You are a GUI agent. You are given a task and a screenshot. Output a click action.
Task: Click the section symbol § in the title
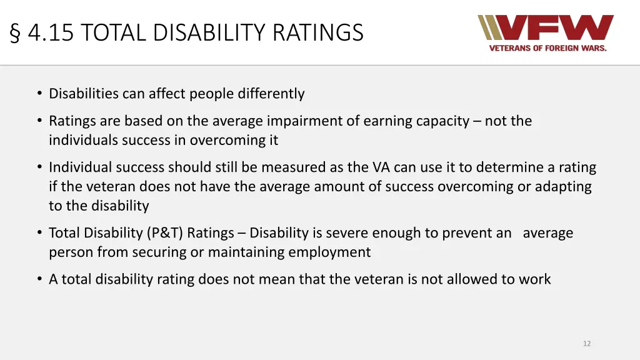point(17,32)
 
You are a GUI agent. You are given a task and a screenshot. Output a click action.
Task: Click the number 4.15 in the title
point(51,32)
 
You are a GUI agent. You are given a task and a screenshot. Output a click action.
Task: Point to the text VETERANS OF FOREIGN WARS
point(547,48)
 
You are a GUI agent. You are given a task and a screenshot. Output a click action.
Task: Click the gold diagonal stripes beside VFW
point(490,27)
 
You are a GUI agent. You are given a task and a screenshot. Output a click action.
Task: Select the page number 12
point(586,344)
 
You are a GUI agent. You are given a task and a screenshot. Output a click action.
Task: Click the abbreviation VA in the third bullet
point(381,167)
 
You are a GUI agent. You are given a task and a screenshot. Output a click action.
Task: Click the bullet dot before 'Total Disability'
point(39,233)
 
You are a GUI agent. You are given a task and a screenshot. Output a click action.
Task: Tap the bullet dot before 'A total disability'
point(39,279)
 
